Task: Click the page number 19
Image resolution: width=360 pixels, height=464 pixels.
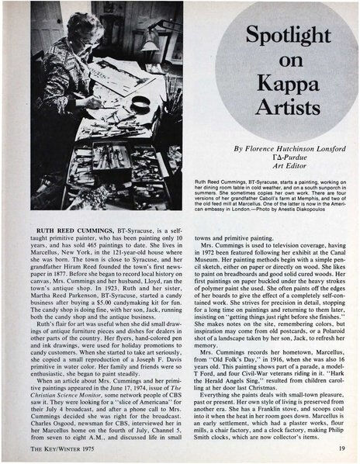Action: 341,447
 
